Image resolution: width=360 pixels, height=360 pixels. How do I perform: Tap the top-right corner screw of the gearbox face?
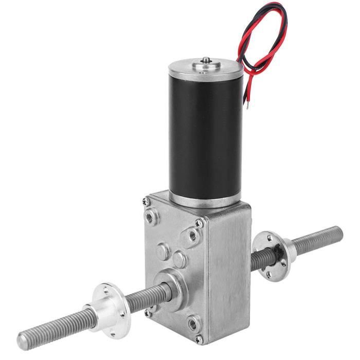[x=199, y=223]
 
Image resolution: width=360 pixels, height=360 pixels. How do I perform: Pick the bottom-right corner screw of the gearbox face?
[x=199, y=337]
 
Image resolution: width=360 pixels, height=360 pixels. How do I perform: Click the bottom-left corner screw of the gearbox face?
[x=149, y=312]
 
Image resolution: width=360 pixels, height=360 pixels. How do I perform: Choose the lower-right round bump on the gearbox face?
[x=179, y=260]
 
